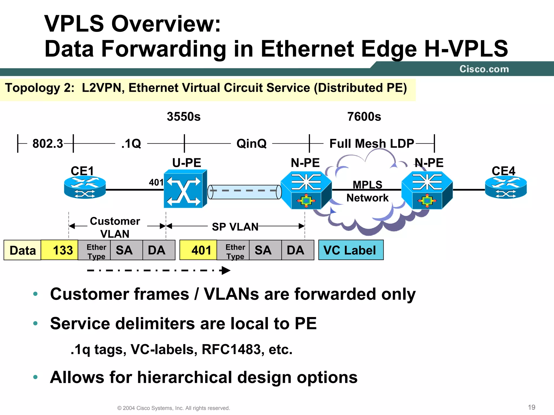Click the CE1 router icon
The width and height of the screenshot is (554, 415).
85,187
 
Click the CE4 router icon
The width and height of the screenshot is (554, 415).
506,187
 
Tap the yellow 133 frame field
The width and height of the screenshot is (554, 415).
60,250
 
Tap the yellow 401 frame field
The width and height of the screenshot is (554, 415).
198,250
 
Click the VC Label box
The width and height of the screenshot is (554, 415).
351,250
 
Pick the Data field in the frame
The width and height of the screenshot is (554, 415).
22,250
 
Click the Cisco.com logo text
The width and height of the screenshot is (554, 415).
484,69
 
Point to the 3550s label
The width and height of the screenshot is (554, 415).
184,117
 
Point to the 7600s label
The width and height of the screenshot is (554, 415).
364,117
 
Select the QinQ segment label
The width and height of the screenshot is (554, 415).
251,143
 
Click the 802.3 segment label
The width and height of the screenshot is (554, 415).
48,143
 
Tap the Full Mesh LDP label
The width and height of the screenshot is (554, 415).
372,143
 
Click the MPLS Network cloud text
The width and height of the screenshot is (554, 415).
367,191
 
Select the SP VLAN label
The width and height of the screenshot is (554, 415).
235,227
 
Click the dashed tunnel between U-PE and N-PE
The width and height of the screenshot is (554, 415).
244,192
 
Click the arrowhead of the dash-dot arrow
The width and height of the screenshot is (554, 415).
226,270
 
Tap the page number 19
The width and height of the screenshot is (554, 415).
532,407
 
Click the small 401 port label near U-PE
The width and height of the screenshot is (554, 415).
156,182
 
